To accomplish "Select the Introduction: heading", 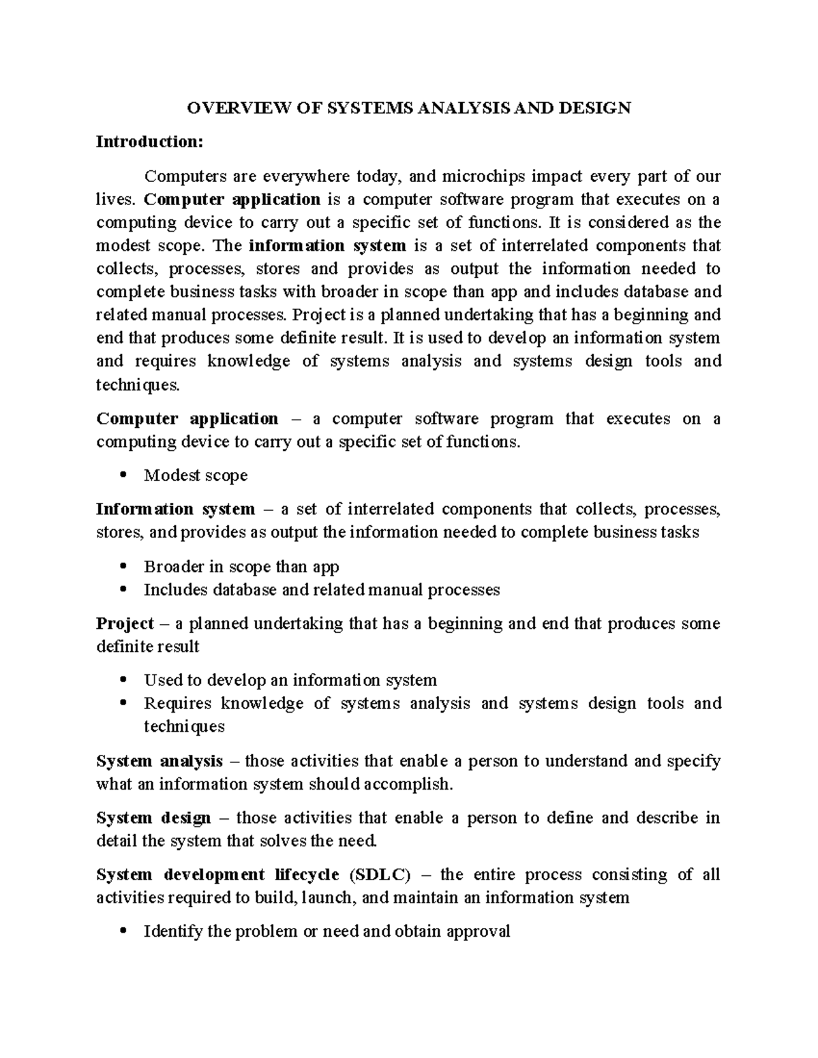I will coord(149,142).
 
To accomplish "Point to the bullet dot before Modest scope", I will coord(123,476).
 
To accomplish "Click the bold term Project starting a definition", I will coord(125,623).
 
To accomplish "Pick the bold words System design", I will coord(153,818).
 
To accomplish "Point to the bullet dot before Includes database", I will coord(123,590).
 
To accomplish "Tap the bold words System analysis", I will coord(160,760).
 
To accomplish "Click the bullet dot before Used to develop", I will coord(123,681).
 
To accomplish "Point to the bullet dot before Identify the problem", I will coord(123,931).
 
